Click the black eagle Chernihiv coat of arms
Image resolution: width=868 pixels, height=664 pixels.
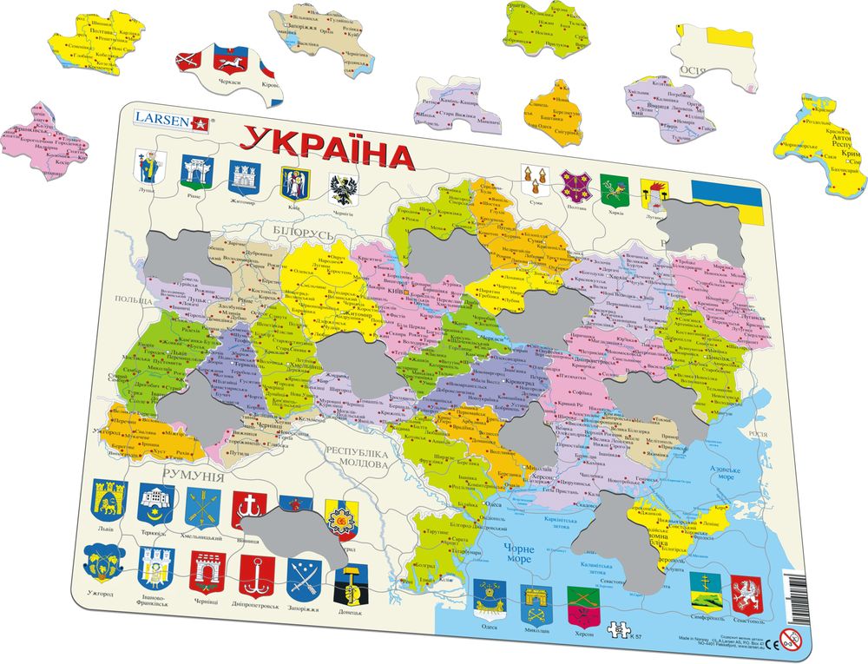click(342, 186)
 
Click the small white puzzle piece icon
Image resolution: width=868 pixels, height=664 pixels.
click(619, 631)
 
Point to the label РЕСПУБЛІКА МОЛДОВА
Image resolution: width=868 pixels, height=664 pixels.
click(356, 457)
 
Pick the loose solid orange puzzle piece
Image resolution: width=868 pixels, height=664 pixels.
click(553, 107)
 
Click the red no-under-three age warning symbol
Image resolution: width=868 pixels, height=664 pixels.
click(789, 641)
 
